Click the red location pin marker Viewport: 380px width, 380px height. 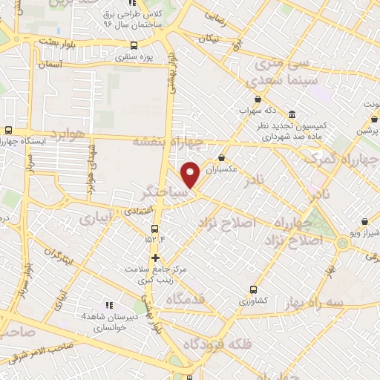191,174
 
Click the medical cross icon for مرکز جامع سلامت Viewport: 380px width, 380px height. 155,258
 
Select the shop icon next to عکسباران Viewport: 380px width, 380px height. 223,157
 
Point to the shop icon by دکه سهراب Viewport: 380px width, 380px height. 258,99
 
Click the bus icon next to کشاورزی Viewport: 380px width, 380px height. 254,289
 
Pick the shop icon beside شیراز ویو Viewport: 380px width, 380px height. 364,220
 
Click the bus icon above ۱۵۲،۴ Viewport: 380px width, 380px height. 154,229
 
